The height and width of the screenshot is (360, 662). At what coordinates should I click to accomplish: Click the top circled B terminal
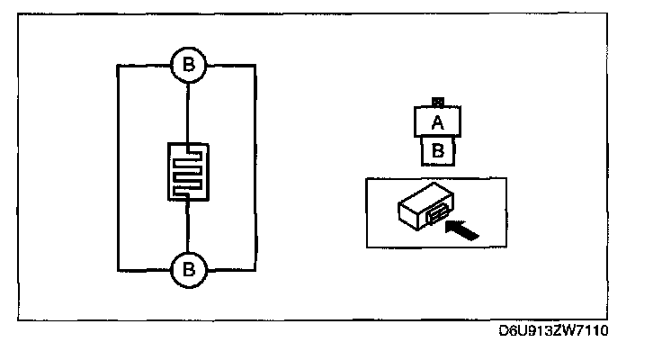(188, 66)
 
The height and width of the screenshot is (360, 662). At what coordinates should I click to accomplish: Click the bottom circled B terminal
(188, 268)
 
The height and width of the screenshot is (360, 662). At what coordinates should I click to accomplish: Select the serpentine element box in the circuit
(188, 172)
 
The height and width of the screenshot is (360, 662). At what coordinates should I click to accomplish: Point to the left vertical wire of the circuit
(118, 166)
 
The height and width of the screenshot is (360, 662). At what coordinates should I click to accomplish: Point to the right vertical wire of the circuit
(257, 166)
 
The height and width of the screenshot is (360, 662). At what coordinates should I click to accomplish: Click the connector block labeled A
(438, 123)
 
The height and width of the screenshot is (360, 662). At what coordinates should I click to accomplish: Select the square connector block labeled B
(438, 150)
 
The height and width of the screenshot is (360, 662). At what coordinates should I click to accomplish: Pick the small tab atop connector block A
(438, 103)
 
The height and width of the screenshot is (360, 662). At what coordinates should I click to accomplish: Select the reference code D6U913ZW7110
(555, 331)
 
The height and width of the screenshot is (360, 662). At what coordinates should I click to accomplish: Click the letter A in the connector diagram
(438, 123)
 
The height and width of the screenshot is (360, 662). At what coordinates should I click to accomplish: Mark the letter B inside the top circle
(188, 66)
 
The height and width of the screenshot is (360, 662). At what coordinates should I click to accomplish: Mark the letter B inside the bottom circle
(188, 268)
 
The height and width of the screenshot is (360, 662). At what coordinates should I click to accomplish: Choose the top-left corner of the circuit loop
(118, 66)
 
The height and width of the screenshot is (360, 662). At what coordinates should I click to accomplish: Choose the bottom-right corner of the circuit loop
(257, 268)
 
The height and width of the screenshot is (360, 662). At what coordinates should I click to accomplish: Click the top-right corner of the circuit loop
(257, 66)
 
